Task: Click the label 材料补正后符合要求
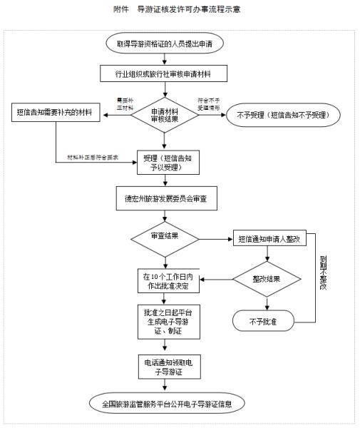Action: tap(93, 157)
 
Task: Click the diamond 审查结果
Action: tap(165, 235)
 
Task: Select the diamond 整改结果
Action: tap(266, 279)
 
